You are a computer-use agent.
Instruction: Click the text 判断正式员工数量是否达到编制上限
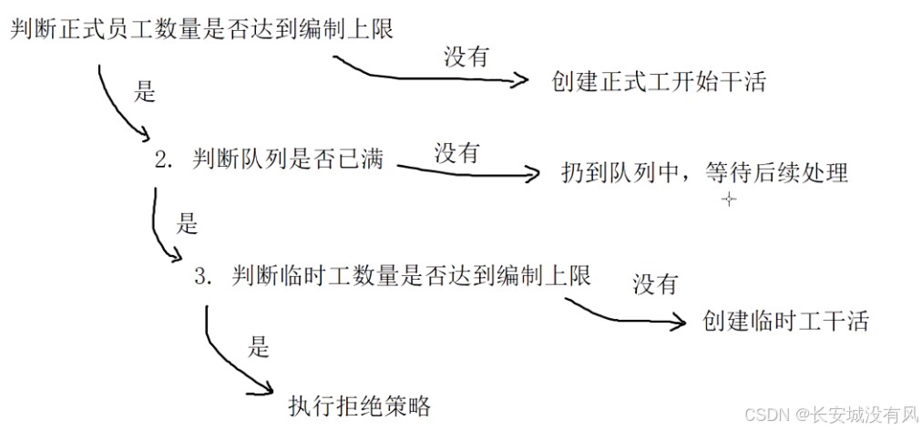[201, 29]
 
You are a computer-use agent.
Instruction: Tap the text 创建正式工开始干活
[659, 81]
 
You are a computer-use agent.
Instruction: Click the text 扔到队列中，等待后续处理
[705, 172]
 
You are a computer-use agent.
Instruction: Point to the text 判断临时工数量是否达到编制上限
[411, 275]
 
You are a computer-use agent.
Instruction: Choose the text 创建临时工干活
[786, 321]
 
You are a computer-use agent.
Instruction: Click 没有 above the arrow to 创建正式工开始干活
[466, 56]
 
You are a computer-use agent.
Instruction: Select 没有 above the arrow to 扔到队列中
[456, 151]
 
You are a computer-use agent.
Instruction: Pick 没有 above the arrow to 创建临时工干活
[656, 284]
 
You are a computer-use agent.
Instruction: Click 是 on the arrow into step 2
[146, 92]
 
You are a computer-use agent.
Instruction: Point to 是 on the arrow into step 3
[186, 222]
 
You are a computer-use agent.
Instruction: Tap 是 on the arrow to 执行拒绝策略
[258, 344]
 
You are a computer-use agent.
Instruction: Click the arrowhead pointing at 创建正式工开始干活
[521, 80]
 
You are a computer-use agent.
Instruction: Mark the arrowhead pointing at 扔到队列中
[533, 173]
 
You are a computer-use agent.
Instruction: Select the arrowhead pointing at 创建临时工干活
[677, 321]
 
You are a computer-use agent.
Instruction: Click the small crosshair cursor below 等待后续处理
[728, 200]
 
